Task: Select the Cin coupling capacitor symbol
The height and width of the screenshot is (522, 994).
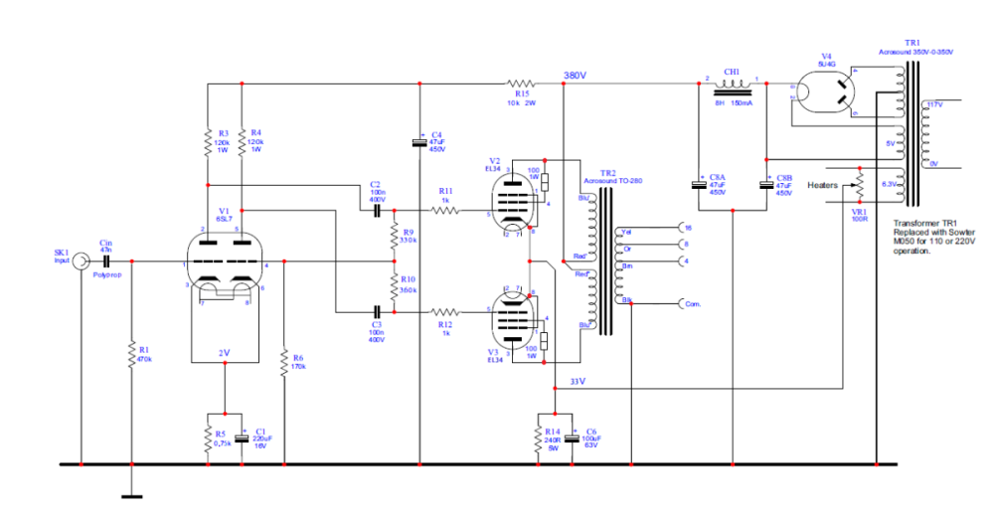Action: (105, 261)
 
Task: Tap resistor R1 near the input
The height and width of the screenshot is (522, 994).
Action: (130, 354)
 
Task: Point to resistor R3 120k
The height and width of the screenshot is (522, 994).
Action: (207, 141)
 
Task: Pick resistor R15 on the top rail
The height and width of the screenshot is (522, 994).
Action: (521, 84)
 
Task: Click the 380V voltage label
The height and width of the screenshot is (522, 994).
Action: (575, 76)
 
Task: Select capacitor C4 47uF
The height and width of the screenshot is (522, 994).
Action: (420, 143)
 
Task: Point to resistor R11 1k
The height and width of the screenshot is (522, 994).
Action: (445, 211)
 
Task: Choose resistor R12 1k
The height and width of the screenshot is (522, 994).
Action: (445, 311)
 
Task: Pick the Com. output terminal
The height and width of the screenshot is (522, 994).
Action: (681, 302)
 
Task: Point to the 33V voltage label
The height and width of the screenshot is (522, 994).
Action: (577, 381)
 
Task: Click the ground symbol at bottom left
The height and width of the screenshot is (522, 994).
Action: (130, 494)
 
